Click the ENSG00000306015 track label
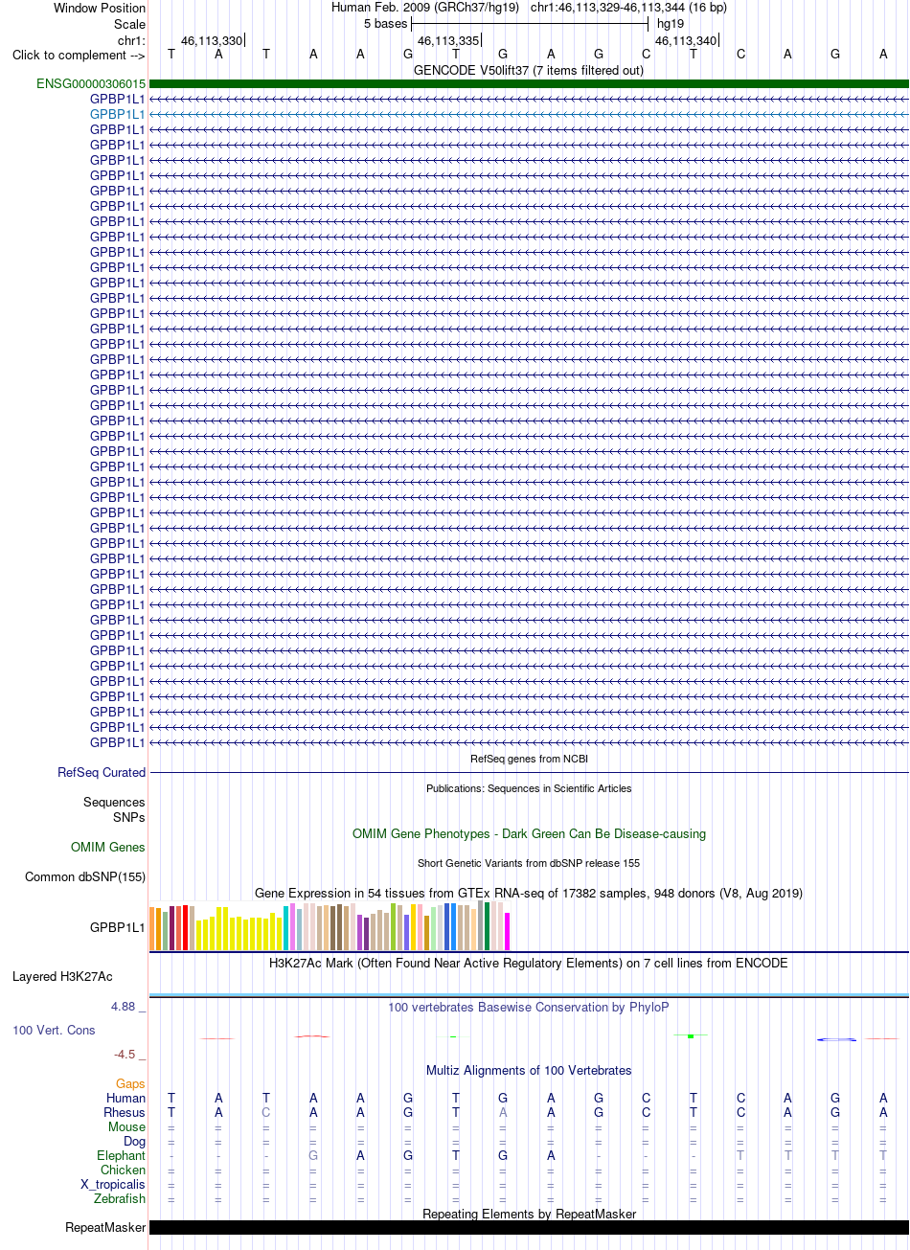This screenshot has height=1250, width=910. tap(91, 83)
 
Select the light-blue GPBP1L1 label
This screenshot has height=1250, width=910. tap(117, 114)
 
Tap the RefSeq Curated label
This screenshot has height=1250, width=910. tap(102, 772)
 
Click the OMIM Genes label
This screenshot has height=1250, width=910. tap(107, 847)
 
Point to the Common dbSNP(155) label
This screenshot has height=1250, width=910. tap(85, 876)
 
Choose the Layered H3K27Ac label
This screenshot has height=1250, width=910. tap(62, 977)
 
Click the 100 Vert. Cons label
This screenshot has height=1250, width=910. tap(54, 1030)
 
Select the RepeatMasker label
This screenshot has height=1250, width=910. tap(105, 1228)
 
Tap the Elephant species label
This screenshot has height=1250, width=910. tap(121, 1156)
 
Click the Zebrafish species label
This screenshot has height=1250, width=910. tap(120, 1198)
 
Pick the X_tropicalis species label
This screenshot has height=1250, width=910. tap(113, 1184)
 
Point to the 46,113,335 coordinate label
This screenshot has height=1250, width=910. tap(448, 41)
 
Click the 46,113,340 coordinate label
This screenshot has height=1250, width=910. tap(686, 41)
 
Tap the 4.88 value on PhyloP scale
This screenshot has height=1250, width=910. tap(124, 1007)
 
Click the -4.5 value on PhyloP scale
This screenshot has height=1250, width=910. tap(125, 1055)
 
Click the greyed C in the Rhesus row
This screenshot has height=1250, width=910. tap(266, 1112)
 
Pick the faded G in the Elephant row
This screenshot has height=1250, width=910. tap(313, 1156)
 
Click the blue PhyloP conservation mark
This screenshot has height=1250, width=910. tap(836, 1039)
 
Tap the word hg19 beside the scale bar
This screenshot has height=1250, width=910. tap(671, 23)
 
